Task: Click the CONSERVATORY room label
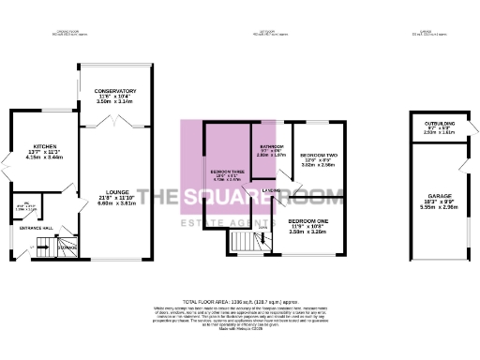pos(116,92)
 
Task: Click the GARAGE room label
pos(438,196)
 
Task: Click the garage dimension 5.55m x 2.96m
pos(438,207)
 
